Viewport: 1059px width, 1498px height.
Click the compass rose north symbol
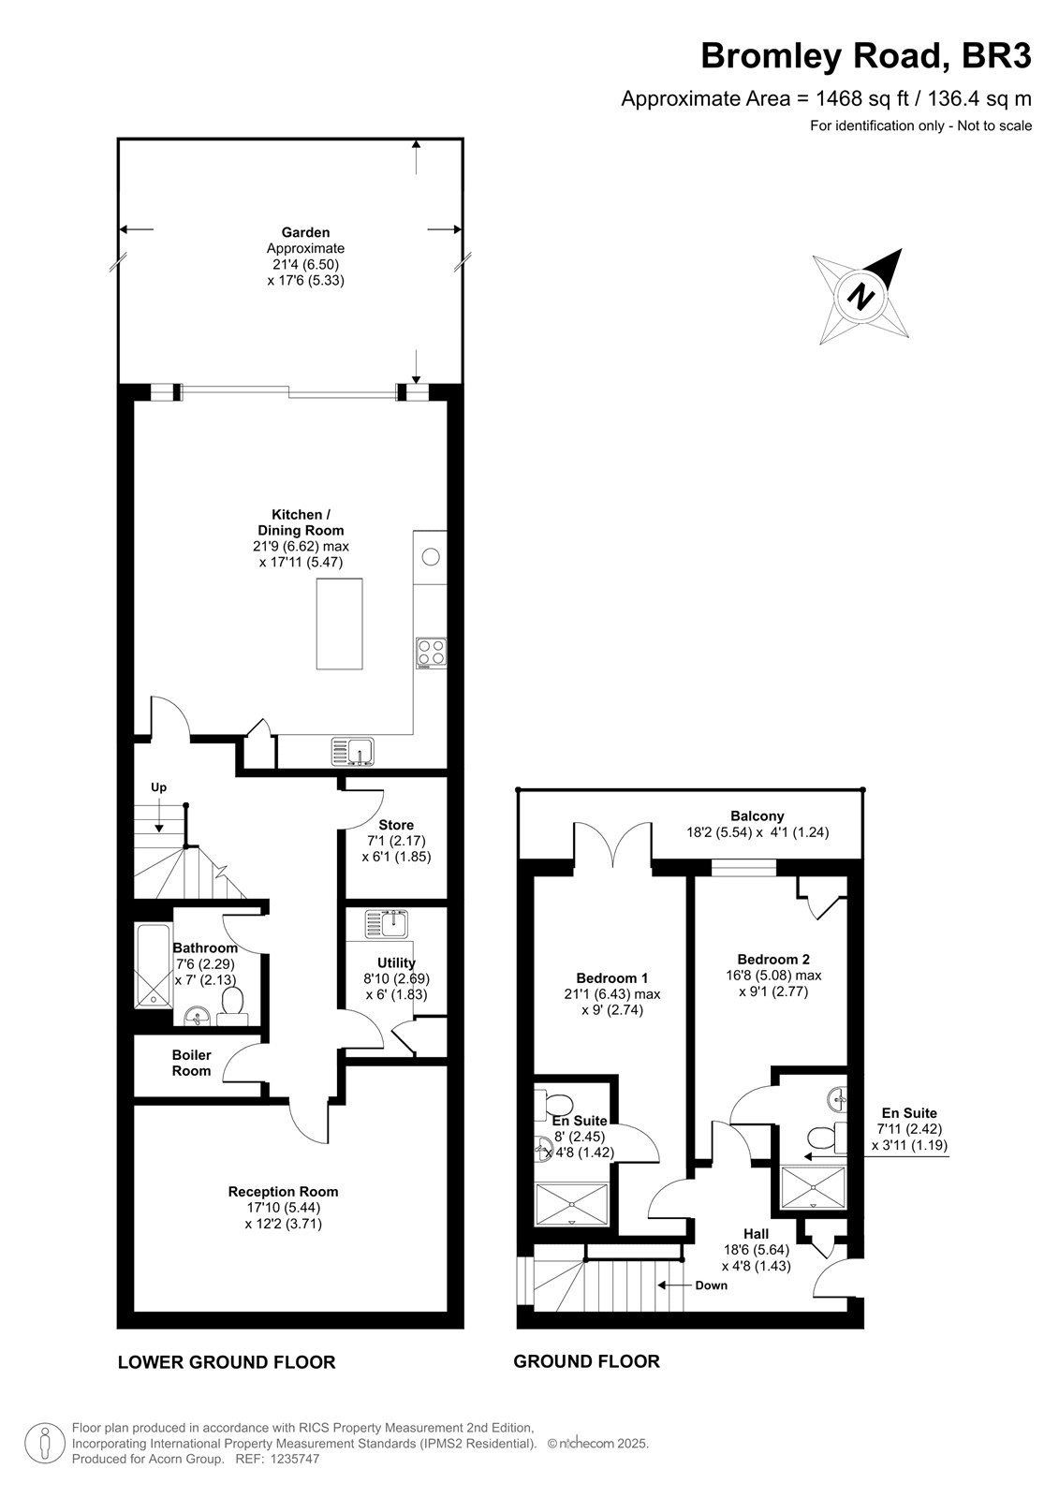tap(861, 296)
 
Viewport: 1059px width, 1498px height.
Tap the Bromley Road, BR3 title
tap(866, 56)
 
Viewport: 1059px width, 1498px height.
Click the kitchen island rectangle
tap(339, 624)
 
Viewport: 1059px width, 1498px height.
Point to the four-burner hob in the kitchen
tap(431, 653)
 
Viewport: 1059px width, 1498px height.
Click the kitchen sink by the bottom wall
tap(353, 752)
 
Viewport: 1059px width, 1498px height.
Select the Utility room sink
tap(386, 925)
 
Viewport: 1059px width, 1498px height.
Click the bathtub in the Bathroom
tap(154, 966)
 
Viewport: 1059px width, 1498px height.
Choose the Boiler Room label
tap(191, 1063)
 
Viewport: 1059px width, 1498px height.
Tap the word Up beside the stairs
tap(158, 787)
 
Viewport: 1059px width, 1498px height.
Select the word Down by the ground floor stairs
tap(711, 1285)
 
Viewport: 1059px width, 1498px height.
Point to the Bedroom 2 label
tap(773, 959)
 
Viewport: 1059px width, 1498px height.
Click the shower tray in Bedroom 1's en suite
tap(572, 1204)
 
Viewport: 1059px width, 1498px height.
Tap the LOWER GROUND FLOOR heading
tap(227, 1362)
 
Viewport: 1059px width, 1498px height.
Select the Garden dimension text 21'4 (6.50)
tap(306, 264)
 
